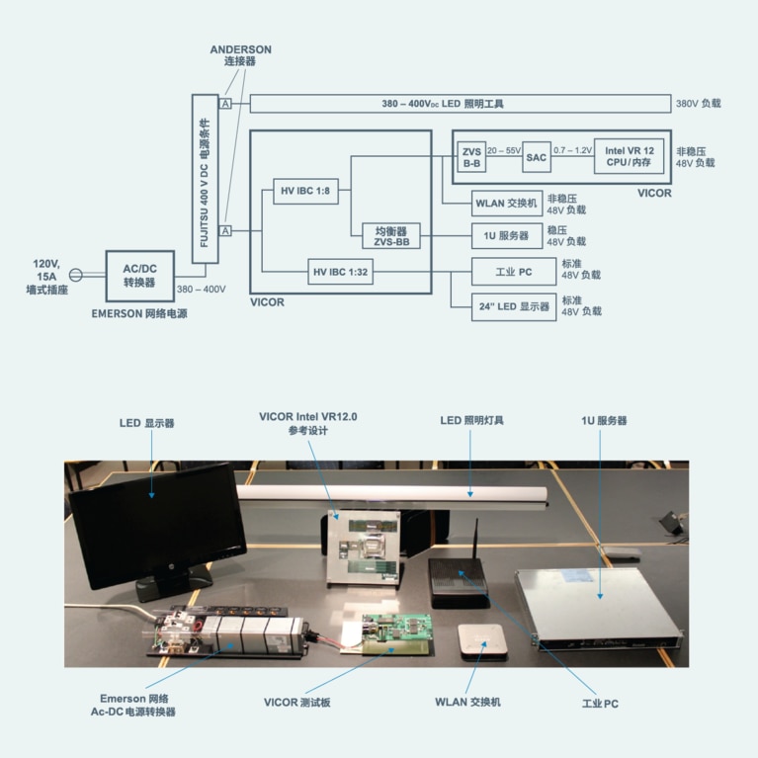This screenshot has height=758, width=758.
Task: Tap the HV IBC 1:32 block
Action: click(x=340, y=271)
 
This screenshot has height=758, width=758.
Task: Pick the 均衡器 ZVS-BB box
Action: click(x=391, y=236)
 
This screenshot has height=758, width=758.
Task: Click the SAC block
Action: click(x=537, y=157)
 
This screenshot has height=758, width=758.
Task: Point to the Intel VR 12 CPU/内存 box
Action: click(x=629, y=157)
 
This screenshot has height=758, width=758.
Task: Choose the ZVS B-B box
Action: click(x=470, y=157)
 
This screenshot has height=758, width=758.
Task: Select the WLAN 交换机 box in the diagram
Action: click(x=507, y=204)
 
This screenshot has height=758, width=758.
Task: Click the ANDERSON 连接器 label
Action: click(x=241, y=55)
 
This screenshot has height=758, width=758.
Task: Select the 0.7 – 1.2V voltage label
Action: click(x=573, y=149)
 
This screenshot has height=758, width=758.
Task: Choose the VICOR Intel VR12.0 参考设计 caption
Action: click(x=308, y=424)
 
